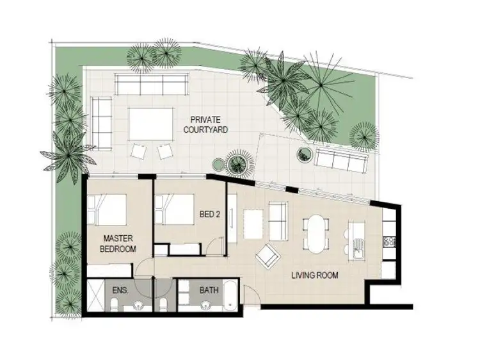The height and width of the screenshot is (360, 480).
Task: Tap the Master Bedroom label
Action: click(119, 243)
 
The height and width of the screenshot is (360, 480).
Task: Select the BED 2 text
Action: click(209, 215)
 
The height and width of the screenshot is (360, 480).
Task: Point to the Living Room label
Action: click(315, 276)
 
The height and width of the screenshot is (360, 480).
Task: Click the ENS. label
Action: click(120, 290)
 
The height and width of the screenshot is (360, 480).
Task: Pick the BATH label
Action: click(209, 290)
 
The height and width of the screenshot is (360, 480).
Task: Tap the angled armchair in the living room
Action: click(268, 258)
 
